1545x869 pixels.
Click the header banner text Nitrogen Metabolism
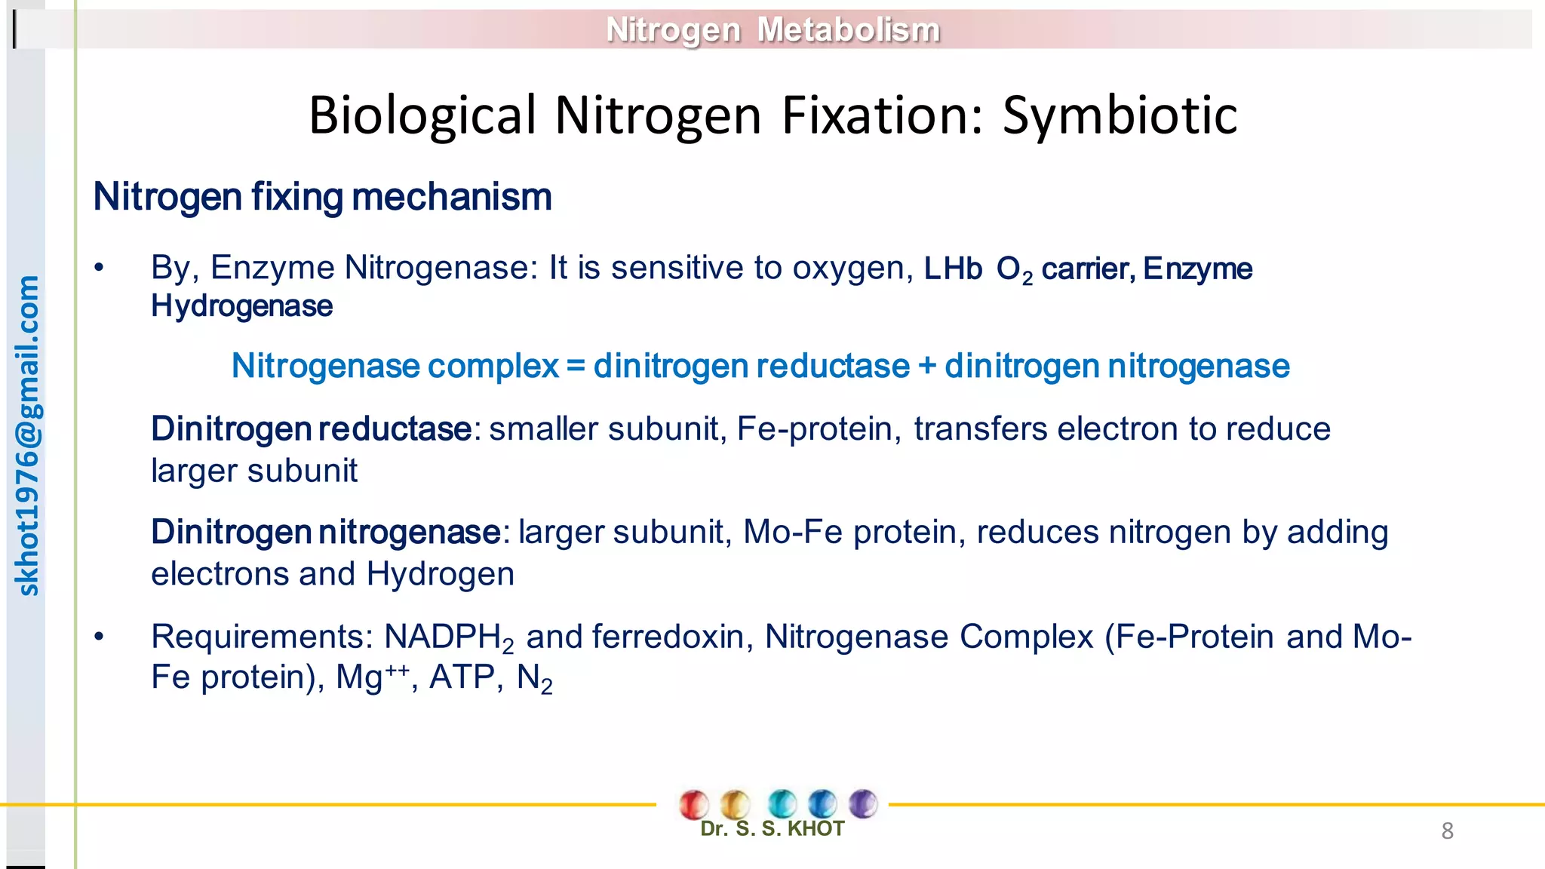(772, 30)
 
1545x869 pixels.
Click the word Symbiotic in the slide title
(1120, 115)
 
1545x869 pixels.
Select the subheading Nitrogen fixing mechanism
(322, 197)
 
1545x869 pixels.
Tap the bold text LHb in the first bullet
(953, 269)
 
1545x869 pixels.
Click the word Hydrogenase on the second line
(241, 306)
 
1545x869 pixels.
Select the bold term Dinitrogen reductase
(311, 429)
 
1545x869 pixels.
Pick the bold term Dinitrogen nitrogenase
(325, 533)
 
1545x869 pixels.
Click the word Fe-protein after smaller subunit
(815, 429)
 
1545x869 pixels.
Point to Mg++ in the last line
(373, 677)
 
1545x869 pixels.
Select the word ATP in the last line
(462, 677)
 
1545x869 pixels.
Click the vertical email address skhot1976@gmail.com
(27, 435)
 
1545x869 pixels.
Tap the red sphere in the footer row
(693, 804)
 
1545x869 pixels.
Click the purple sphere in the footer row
(863, 803)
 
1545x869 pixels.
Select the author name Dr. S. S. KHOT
(772, 829)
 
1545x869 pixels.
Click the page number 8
(1447, 831)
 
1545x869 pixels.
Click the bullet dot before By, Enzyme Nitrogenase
(99, 268)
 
